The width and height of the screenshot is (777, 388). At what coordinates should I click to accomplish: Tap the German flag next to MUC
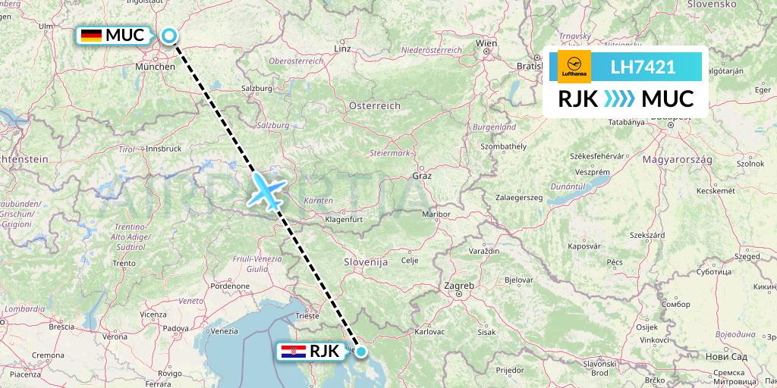click(92, 35)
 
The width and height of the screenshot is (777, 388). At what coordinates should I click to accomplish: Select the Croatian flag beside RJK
click(293, 351)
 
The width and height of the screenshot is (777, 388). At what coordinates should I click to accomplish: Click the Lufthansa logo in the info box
click(574, 67)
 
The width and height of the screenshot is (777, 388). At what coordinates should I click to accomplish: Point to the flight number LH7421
click(643, 67)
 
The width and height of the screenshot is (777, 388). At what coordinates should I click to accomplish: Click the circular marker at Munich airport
click(168, 35)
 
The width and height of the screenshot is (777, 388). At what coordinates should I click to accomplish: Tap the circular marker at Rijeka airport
click(362, 351)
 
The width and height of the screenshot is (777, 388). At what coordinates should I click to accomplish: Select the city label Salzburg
click(256, 88)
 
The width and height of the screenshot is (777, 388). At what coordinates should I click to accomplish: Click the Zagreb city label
click(459, 286)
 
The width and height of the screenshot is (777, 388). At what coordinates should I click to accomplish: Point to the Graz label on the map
click(422, 176)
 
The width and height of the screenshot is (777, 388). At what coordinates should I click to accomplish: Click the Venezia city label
click(225, 330)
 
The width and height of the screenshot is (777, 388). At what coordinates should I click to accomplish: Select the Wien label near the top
click(486, 44)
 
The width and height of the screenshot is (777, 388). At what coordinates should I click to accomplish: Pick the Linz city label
click(343, 49)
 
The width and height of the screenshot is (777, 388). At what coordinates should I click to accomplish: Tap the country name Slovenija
click(366, 261)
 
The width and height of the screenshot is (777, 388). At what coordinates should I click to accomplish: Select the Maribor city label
click(436, 214)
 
